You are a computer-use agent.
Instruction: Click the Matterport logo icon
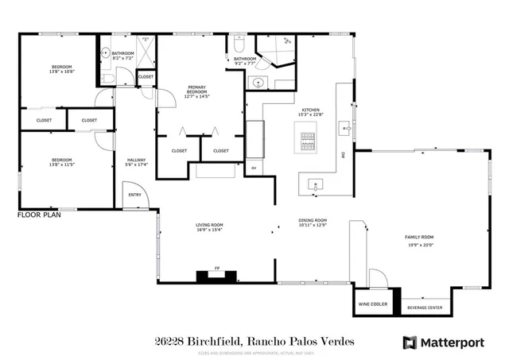[410, 343]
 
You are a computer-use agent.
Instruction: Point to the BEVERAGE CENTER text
[425, 308]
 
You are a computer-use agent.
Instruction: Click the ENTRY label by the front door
[134, 195]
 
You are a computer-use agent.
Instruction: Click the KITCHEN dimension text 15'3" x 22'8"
[310, 114]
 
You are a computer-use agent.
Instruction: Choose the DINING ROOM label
[313, 222]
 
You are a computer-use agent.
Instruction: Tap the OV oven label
[254, 168]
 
